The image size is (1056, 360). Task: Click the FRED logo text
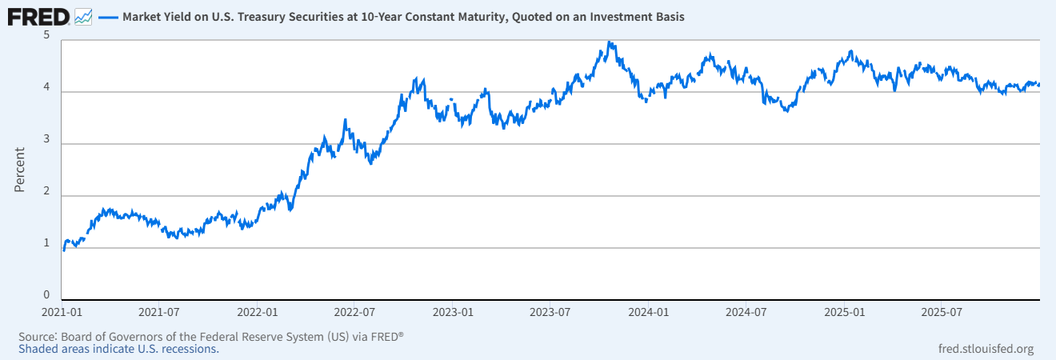tap(38, 16)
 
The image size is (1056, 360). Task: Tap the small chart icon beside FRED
tap(82, 16)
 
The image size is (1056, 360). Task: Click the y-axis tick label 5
tap(47, 36)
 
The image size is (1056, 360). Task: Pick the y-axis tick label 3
tap(47, 143)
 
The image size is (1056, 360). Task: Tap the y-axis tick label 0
tap(47, 295)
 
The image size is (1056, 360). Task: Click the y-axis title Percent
tap(20, 169)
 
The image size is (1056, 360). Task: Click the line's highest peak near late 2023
tap(610, 42)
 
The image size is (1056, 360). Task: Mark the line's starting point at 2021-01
tap(64, 250)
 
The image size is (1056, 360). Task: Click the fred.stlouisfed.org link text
tap(986, 349)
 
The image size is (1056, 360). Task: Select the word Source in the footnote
tap(37, 337)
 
